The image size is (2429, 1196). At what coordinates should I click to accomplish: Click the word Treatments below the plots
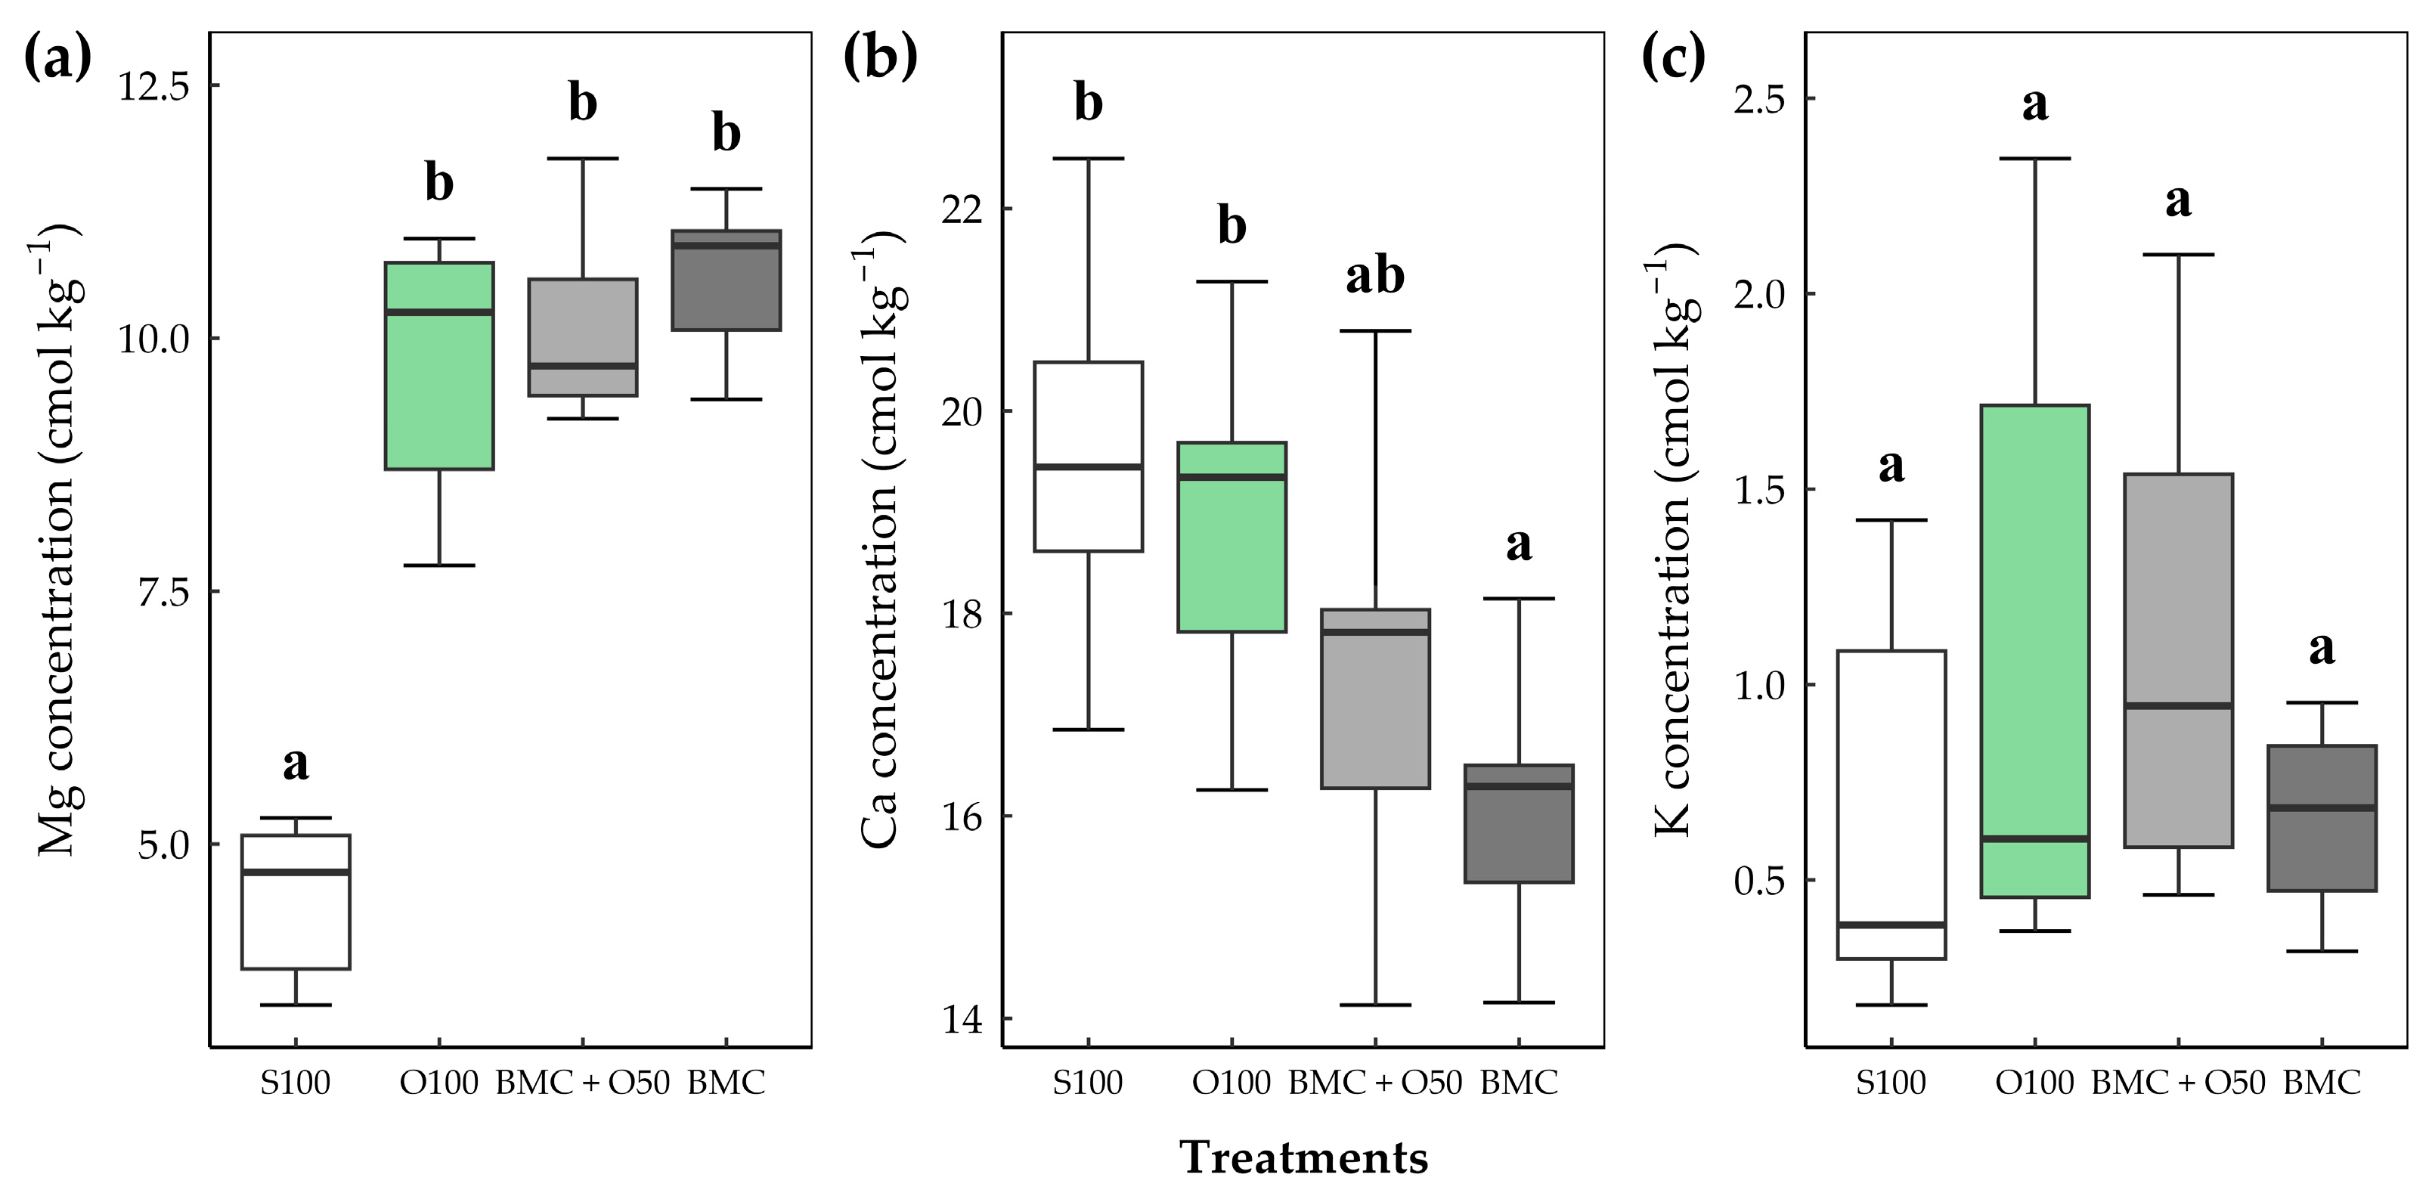coord(1304,1157)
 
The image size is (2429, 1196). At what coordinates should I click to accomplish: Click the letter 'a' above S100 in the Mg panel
coord(296,764)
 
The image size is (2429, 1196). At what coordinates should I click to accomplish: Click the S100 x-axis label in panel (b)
coord(1088,1083)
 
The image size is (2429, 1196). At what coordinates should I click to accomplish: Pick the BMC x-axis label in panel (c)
coord(2322,1083)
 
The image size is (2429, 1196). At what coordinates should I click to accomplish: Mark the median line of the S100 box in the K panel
coord(1891,925)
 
